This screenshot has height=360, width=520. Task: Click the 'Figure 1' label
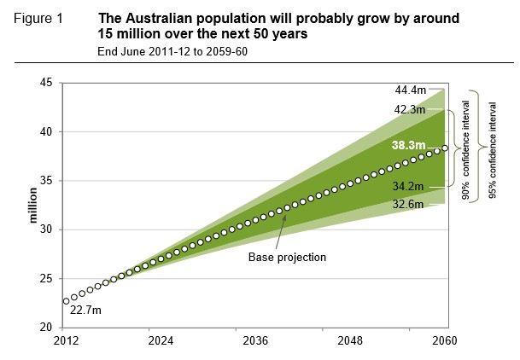pyautogui.click(x=39, y=18)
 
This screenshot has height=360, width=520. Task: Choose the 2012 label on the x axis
pyautogui.click(x=66, y=340)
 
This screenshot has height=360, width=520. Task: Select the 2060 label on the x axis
pyautogui.click(x=445, y=340)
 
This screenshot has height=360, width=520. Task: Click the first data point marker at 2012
pyautogui.click(x=66, y=301)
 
